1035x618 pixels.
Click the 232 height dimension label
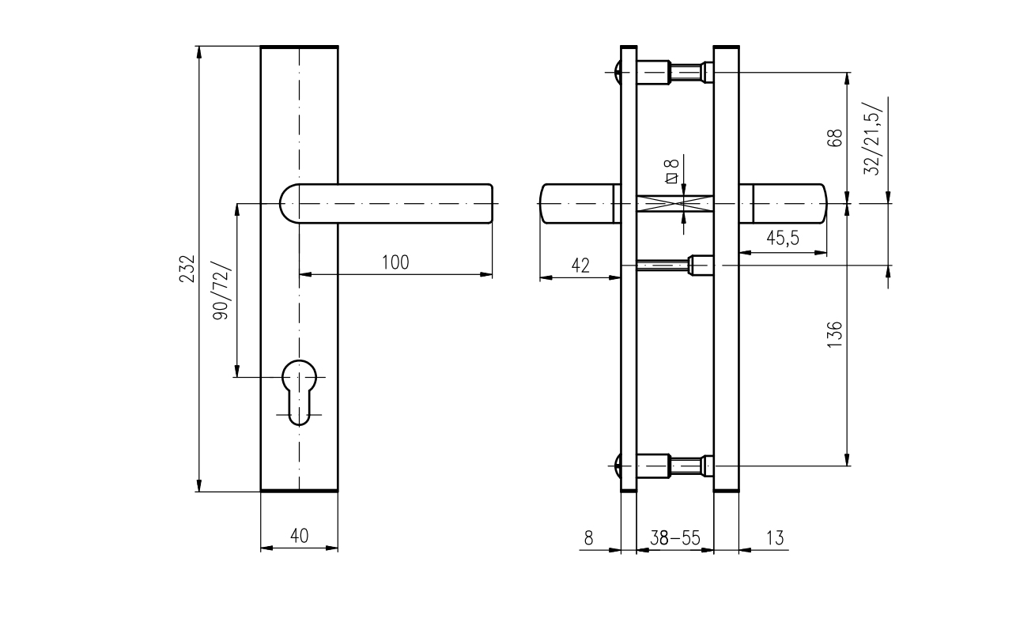tap(187, 269)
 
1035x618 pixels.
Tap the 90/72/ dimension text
tap(221, 291)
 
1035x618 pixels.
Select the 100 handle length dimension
tap(395, 262)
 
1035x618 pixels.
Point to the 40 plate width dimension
tap(299, 536)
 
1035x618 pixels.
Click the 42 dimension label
tap(580, 266)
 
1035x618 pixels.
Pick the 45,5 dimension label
tap(783, 238)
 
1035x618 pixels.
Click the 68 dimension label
tap(834, 138)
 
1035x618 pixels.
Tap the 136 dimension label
tap(834, 334)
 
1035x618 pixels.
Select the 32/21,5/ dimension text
tap(873, 138)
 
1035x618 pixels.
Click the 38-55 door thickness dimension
tap(675, 538)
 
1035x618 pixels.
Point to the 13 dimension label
tap(775, 538)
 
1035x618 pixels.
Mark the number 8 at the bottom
tap(588, 538)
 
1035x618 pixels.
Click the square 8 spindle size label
tap(671, 171)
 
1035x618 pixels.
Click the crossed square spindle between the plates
tap(675, 204)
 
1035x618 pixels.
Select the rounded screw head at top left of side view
tap(617, 73)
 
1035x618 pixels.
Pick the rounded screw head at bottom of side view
tap(617, 465)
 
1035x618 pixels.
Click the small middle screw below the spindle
tap(674, 266)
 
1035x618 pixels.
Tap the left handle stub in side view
tap(580, 204)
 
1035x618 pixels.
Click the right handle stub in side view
tap(783, 204)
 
